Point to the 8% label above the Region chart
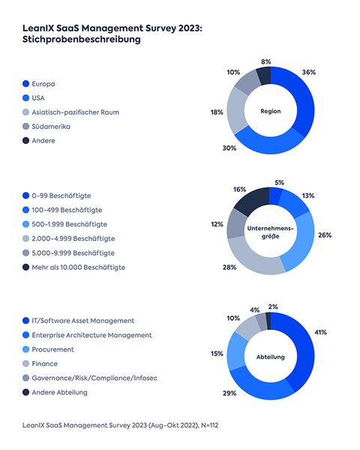tap(266, 62)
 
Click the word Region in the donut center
tap(270, 112)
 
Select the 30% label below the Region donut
tap(231, 148)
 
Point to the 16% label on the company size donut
tap(240, 190)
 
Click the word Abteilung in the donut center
tap(270, 356)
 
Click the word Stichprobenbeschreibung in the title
tap(82, 40)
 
